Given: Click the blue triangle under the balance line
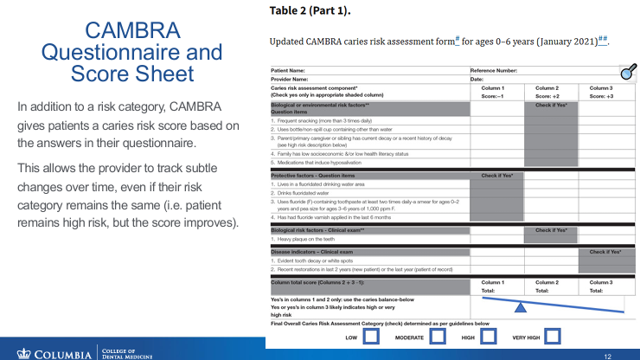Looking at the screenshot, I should click(x=522, y=306).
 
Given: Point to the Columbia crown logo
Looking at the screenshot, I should click(x=23, y=351).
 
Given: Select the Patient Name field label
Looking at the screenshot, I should click(x=288, y=70).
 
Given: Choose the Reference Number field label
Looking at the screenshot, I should click(x=494, y=70).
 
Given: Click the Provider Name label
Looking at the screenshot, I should click(x=290, y=79).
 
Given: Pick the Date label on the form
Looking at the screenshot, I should click(x=477, y=79).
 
